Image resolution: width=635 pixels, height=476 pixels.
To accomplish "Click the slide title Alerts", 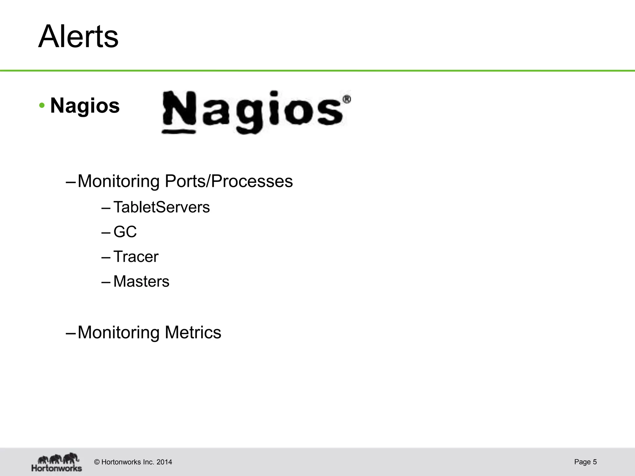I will point(78,37).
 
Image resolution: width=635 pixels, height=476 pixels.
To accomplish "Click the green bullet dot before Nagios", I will point(42,106).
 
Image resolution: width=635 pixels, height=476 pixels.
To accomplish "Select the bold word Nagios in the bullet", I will point(85,106).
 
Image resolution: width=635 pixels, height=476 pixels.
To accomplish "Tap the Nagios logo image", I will point(256,112).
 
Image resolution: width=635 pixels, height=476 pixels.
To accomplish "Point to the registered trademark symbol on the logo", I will point(347,99).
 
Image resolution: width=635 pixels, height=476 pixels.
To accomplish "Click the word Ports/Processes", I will point(252,181).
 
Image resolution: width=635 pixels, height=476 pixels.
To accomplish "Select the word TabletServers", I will point(162,207).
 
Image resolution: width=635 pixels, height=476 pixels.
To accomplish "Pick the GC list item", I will point(125,232).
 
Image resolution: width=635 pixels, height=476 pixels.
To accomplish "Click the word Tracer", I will point(136,257).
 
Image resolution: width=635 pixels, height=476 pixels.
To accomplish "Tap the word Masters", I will point(141,281).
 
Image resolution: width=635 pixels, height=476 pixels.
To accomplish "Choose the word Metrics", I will point(193,332).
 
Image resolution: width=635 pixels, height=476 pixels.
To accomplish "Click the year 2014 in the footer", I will point(164,462).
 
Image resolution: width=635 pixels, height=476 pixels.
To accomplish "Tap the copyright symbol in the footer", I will point(97,462).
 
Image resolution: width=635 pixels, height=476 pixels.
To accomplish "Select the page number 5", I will point(595,462).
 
